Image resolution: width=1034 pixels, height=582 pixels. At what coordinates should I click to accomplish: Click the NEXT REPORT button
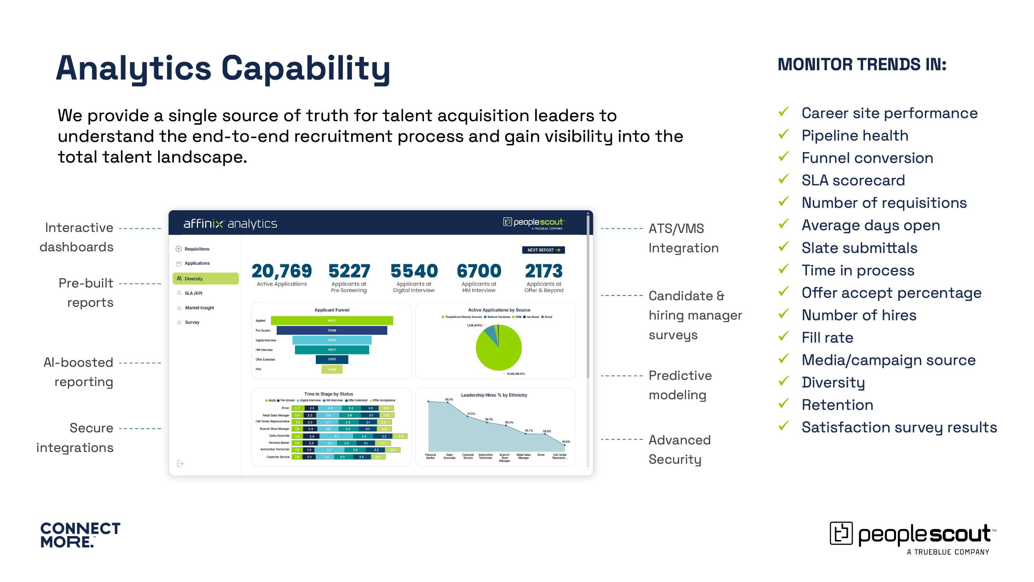pos(543,250)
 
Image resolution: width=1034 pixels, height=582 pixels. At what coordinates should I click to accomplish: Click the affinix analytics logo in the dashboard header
pos(230,224)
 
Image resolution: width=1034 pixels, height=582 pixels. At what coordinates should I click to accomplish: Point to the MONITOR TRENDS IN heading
pos(862,65)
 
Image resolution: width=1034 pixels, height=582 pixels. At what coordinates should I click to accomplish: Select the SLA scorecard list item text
pos(853,180)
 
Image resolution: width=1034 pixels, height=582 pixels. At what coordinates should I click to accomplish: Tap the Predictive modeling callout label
pos(680,385)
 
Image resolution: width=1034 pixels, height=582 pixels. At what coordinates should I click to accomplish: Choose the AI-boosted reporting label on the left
pos(78,372)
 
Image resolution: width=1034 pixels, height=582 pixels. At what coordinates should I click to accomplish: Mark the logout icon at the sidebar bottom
pos(180,464)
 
